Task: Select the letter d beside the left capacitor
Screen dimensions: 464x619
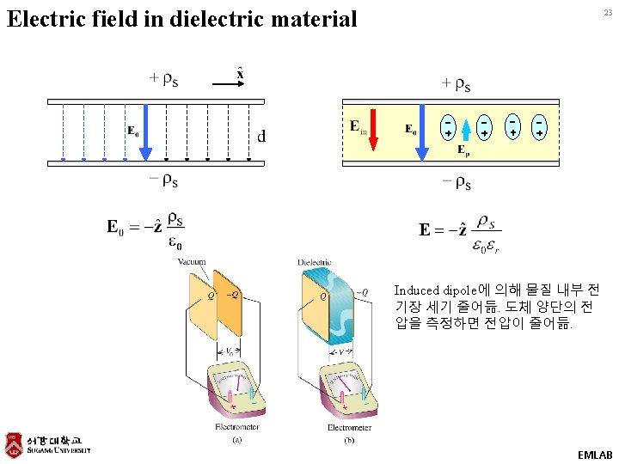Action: [x=261, y=136]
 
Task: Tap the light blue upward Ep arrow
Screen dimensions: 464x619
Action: [x=465, y=129]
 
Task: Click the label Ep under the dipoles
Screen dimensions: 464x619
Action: [x=463, y=151]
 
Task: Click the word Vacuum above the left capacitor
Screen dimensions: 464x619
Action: [x=192, y=261]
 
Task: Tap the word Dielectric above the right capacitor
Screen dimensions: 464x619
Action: [x=315, y=262]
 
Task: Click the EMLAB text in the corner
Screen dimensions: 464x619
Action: [x=595, y=453]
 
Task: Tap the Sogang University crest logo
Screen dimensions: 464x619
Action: [x=13, y=444]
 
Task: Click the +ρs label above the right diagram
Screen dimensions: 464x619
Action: [x=456, y=83]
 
